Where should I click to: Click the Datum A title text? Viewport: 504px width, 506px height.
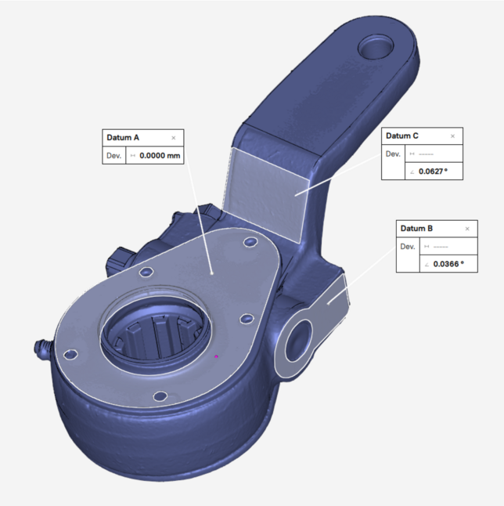point(123,138)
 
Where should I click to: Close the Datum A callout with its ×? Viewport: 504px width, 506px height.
point(174,138)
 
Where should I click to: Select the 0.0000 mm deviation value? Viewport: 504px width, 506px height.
point(160,156)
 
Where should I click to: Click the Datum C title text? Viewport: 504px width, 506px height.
point(402,136)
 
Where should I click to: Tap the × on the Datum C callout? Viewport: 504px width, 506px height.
point(452,136)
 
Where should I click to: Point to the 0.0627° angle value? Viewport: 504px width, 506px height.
point(433,172)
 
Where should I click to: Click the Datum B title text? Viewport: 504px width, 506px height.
point(416,229)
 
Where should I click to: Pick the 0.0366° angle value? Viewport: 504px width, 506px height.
point(448,264)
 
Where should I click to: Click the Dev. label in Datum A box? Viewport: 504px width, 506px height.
point(113,156)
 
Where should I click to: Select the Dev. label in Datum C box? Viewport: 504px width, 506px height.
point(393,154)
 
